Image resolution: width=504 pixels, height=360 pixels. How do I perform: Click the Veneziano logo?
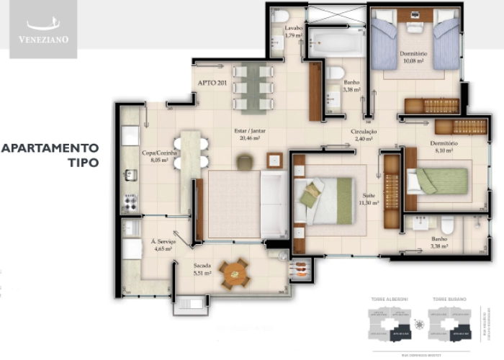click(x=43, y=30)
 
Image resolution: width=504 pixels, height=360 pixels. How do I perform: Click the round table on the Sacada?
click(x=234, y=273)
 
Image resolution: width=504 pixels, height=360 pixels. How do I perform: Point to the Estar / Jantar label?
click(x=246, y=135)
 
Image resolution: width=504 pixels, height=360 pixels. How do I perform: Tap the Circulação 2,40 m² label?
click(x=365, y=136)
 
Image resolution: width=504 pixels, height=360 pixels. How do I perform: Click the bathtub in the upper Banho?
click(x=336, y=42)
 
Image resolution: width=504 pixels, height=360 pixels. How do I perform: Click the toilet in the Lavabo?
click(x=281, y=16)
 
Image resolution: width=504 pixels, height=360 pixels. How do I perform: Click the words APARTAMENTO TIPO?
click(x=50, y=155)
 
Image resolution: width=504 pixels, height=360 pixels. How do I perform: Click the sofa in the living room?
click(x=274, y=205)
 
